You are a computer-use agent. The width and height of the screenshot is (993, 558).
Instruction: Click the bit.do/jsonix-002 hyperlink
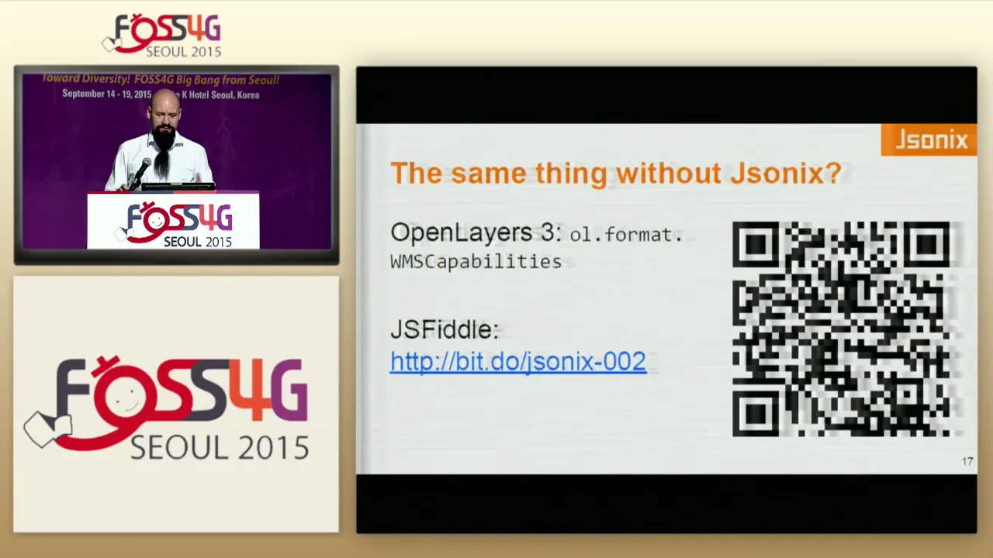click(x=517, y=361)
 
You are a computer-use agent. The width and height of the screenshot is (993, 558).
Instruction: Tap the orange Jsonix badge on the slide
click(x=929, y=140)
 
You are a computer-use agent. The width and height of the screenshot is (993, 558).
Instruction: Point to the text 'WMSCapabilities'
click(x=476, y=261)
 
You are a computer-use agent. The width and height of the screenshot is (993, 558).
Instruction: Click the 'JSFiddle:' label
click(x=444, y=329)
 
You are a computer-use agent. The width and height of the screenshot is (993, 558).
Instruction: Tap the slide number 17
click(x=967, y=462)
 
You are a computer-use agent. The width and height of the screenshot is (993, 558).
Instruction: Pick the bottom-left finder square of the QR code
click(x=755, y=415)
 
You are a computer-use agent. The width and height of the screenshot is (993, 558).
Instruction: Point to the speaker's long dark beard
click(x=163, y=155)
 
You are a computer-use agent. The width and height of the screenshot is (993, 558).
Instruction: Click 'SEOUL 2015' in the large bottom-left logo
click(x=219, y=447)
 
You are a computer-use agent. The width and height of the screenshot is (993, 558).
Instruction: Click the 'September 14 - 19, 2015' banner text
click(x=107, y=95)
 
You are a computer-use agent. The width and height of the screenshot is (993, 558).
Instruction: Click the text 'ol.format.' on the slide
click(x=626, y=235)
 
